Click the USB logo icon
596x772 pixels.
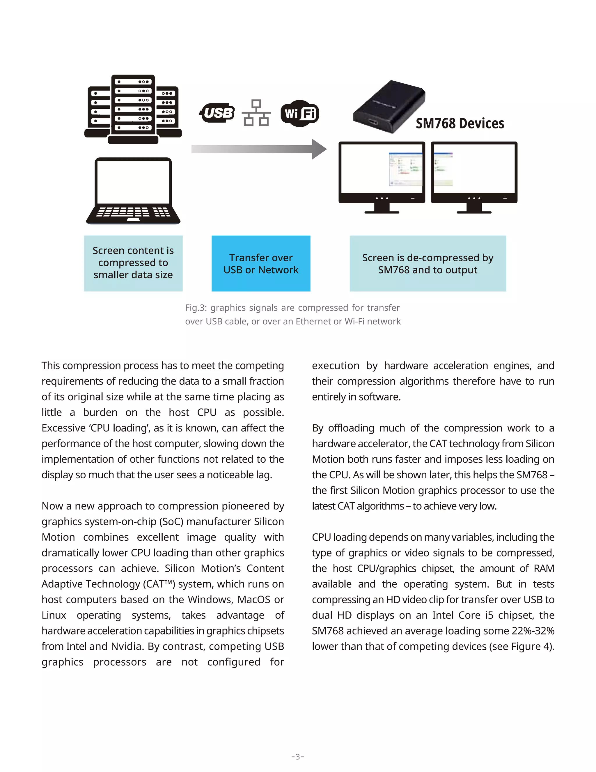[217, 113]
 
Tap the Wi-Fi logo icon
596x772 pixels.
[300, 113]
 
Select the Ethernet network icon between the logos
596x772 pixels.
[256, 113]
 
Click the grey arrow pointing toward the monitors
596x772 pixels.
[259, 149]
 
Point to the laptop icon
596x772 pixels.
[133, 191]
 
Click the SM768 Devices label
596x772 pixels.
[460, 123]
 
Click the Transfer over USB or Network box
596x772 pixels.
[261, 264]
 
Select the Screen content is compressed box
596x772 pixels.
[133, 263]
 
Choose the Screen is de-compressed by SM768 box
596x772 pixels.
[428, 264]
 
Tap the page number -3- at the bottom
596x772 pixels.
[298, 757]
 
